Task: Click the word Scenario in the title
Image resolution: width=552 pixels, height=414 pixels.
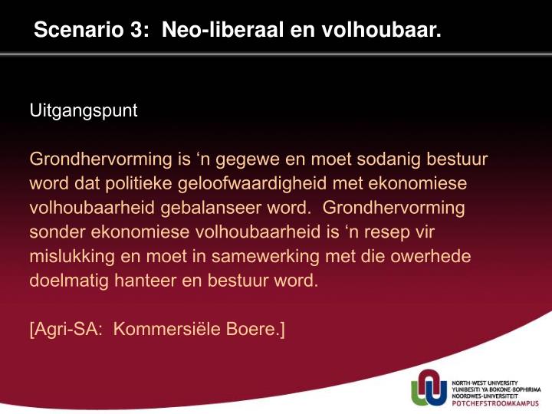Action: (79, 29)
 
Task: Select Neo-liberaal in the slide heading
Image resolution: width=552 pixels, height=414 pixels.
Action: (222, 29)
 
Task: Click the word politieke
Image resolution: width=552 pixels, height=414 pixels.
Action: (138, 184)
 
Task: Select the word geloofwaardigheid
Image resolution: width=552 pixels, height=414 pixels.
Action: (252, 184)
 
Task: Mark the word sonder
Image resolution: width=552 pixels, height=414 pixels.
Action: (57, 232)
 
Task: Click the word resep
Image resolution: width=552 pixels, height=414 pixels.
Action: (387, 233)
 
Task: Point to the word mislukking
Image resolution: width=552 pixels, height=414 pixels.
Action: (72, 257)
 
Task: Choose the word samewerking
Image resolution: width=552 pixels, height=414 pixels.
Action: (265, 257)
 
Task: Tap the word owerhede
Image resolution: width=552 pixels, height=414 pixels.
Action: (430, 256)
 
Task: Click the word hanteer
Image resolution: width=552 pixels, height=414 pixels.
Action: (146, 281)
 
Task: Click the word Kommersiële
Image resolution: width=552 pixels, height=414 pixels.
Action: (167, 329)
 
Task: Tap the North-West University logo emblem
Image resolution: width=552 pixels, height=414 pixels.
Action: (429, 388)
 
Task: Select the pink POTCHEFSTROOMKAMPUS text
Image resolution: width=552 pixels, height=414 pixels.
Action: (495, 403)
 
